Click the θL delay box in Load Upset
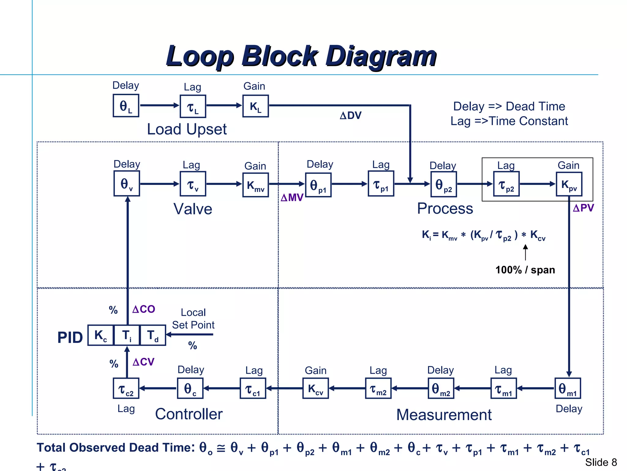click(126, 106)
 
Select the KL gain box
click(255, 106)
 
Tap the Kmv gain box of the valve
click(255, 185)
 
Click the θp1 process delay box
click(318, 185)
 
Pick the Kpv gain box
click(569, 184)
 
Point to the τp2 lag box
click(506, 184)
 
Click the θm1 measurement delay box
click(568, 389)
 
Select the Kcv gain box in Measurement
click(316, 389)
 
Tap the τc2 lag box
click(126, 389)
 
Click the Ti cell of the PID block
click(127, 335)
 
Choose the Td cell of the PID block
click(153, 335)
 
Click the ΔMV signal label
click(292, 197)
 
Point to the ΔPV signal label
click(583, 208)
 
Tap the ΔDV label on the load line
click(351, 116)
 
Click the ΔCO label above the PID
click(144, 309)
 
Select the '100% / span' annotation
click(525, 270)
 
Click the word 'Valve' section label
click(193, 209)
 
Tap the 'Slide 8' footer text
click(601, 462)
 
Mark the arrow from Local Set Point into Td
click(190, 334)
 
